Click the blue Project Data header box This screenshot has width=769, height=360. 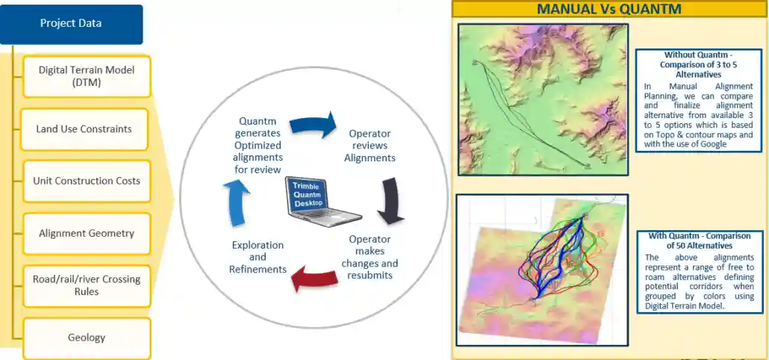click(x=71, y=24)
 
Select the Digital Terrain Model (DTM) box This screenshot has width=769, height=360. click(x=87, y=76)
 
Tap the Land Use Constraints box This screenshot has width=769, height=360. click(x=84, y=129)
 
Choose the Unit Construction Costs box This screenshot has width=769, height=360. click(x=87, y=181)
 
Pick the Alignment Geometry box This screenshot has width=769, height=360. click(x=87, y=234)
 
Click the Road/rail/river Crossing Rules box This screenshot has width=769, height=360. click(x=87, y=285)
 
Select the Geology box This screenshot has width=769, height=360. click(x=87, y=338)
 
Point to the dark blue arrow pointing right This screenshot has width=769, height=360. click(x=313, y=125)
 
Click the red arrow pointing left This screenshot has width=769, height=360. click(x=314, y=279)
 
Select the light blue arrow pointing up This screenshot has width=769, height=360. click(x=237, y=202)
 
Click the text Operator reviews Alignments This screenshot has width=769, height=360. click(x=370, y=146)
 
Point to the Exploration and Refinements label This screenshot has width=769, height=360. click(x=258, y=257)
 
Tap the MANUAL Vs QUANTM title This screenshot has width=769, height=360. click(x=609, y=9)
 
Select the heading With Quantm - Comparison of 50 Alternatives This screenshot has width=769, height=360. click(x=699, y=240)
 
